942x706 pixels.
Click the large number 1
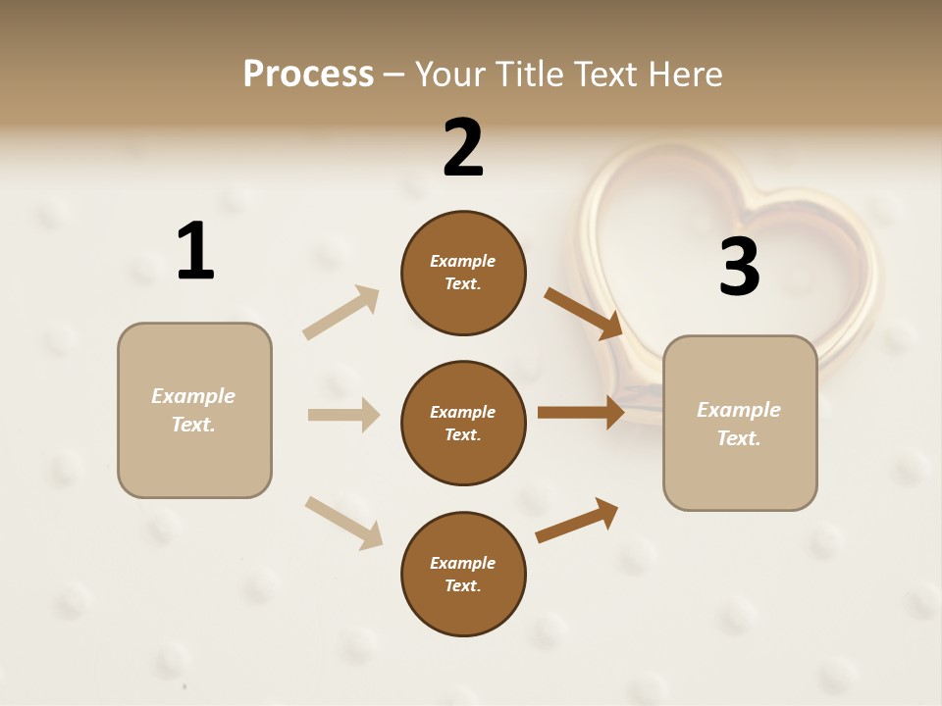coord(195,251)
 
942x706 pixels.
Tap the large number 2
coord(463,147)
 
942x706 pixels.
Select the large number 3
coord(739,267)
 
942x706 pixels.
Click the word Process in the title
coord(308,74)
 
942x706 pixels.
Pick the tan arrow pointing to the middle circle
coord(343,415)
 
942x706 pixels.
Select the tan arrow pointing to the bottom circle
coord(344,522)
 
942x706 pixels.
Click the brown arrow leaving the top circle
coord(585,314)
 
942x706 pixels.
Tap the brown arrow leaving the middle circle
coord(581,413)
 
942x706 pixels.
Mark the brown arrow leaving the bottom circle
coord(577,520)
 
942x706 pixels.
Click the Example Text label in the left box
coord(193,410)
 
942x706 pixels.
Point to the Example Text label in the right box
coord(739,424)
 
